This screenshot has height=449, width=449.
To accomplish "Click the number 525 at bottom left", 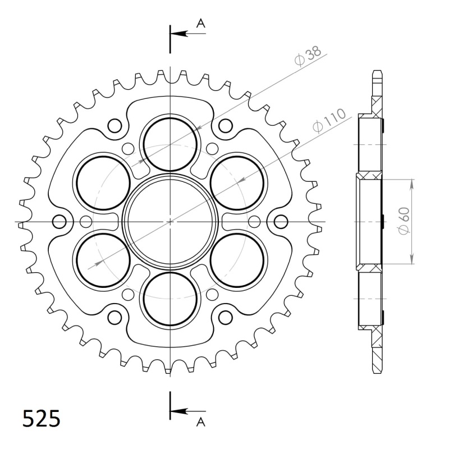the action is [x=42, y=418].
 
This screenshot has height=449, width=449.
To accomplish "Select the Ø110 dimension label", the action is [x=329, y=121].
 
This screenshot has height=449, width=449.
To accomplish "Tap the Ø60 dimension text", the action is [x=404, y=221].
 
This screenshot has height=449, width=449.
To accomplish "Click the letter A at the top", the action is [x=201, y=23].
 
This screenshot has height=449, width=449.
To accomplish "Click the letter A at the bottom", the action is [x=201, y=422].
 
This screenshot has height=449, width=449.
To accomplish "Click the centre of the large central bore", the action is [x=170, y=222].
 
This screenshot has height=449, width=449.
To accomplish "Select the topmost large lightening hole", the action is [x=170, y=145].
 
